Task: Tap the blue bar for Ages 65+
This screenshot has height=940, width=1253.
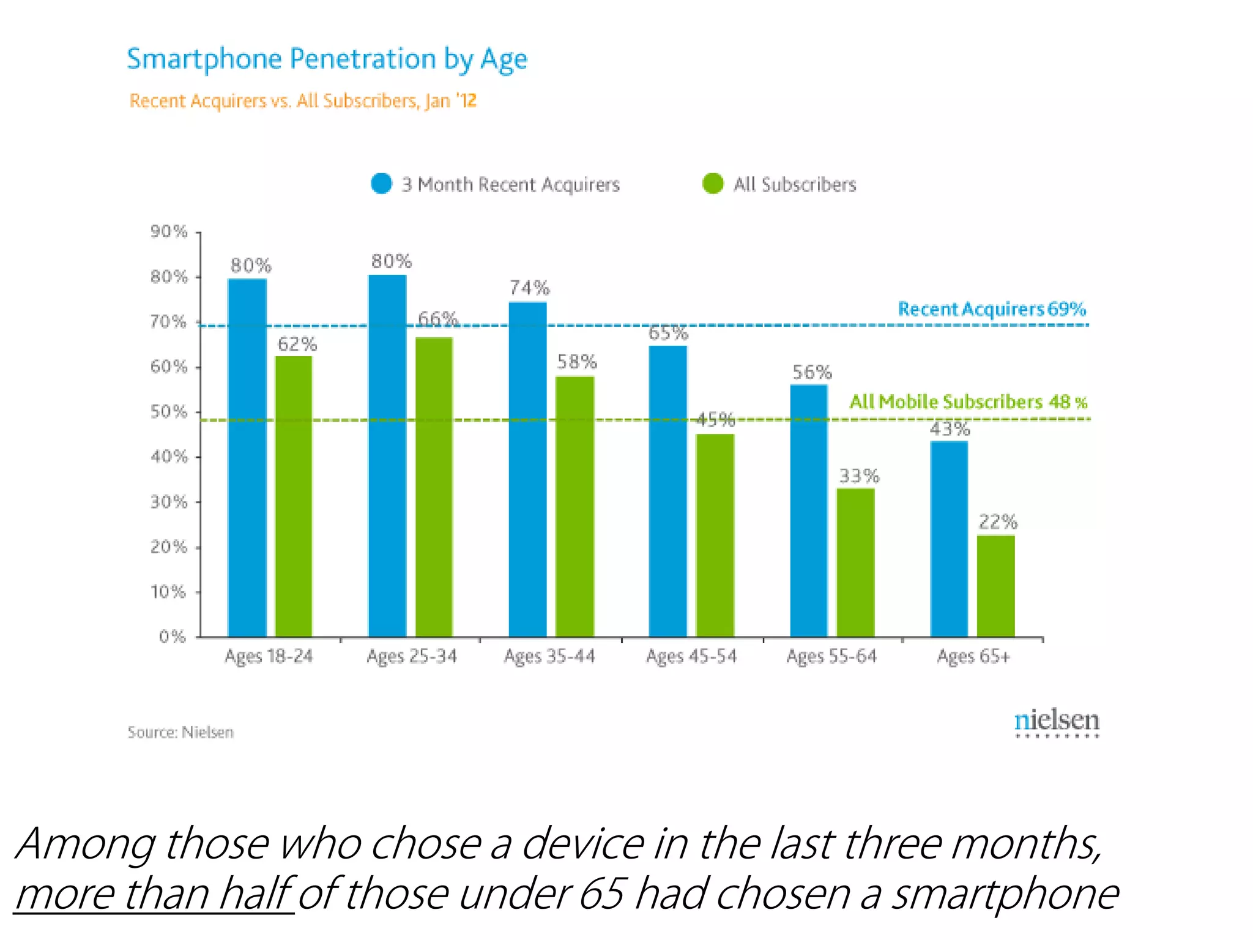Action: click(949, 539)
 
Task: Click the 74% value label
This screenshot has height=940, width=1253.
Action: click(529, 288)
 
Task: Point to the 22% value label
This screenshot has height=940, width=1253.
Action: click(997, 522)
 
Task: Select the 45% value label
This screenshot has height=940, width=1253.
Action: click(715, 420)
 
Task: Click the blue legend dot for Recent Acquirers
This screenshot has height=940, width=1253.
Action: click(381, 184)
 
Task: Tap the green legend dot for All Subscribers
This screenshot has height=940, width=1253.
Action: click(713, 184)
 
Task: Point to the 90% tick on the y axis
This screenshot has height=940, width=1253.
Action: click(169, 231)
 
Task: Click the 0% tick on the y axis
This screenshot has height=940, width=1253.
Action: click(172, 636)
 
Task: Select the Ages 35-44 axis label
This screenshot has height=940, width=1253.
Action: click(549, 657)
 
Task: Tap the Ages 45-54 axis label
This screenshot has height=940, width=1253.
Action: click(691, 657)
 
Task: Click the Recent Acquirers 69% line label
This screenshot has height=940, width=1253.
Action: click(991, 309)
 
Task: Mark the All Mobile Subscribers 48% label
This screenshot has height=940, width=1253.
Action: click(968, 402)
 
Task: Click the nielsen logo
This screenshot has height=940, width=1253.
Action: click(1057, 722)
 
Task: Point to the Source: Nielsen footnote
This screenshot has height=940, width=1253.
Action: click(180, 732)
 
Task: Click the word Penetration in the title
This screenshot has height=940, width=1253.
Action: click(362, 59)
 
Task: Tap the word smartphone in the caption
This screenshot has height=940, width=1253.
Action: click(1004, 894)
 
